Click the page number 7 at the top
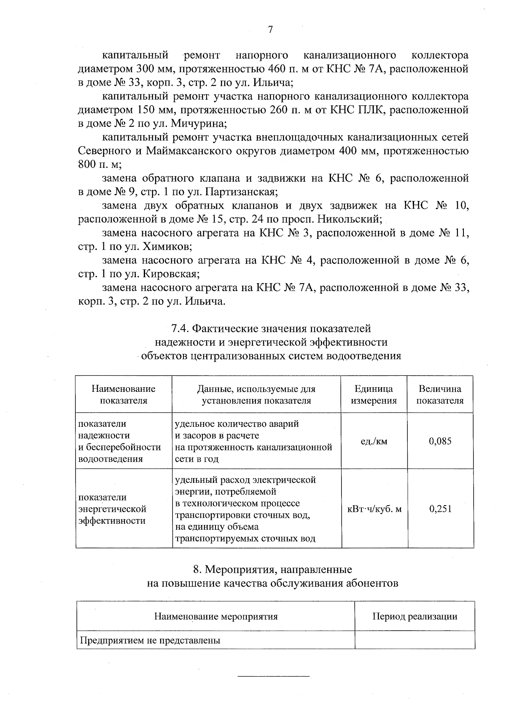pyautogui.click(x=270, y=29)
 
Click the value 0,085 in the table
pyautogui.click(x=440, y=441)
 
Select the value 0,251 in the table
pyautogui.click(x=440, y=509)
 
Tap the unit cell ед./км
pyautogui.click(x=374, y=441)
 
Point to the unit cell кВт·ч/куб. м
pyautogui.click(x=374, y=509)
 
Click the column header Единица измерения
pyautogui.click(x=374, y=394)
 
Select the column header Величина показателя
pyautogui.click(x=440, y=394)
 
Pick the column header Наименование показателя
pyautogui.click(x=124, y=394)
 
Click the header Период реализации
pyautogui.click(x=414, y=616)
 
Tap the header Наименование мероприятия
pyautogui.click(x=216, y=616)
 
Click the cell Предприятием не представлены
pyautogui.click(x=151, y=641)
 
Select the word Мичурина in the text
pyautogui.click(x=205, y=124)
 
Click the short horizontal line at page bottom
pyautogui.click(x=274, y=676)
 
